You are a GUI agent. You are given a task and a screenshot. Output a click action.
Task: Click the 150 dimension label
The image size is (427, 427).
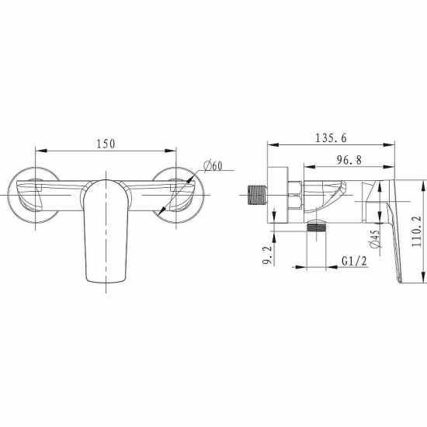[106, 144]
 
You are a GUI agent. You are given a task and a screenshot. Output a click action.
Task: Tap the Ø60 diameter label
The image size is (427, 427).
[213, 165]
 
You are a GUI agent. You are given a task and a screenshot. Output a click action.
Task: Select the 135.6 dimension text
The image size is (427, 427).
[332, 138]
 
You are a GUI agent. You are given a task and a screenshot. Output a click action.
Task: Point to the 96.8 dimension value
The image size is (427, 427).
[349, 160]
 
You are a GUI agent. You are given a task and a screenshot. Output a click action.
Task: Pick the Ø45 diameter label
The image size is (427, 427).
[376, 238]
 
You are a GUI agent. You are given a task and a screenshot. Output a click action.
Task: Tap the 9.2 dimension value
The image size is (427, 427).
[267, 255]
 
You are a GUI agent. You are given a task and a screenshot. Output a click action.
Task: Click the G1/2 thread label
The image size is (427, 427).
[354, 262]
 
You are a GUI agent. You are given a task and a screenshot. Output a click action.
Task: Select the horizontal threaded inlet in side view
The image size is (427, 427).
[257, 194]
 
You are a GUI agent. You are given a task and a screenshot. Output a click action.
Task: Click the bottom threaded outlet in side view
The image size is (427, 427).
[316, 227]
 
